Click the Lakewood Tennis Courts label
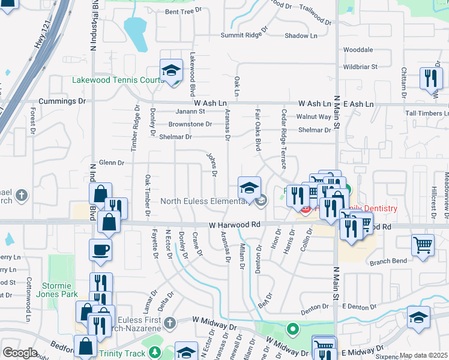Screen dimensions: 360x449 coord(118,80)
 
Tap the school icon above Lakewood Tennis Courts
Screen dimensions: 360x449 coord(171,71)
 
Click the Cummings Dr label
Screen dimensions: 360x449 coord(62,102)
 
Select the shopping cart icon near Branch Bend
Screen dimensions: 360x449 coord(423,244)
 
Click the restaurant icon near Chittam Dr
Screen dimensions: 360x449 coord(430,78)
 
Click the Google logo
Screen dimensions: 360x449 coord(20,353)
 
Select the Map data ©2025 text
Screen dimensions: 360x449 coord(423,355)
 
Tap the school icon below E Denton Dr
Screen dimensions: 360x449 coord(418,317)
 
